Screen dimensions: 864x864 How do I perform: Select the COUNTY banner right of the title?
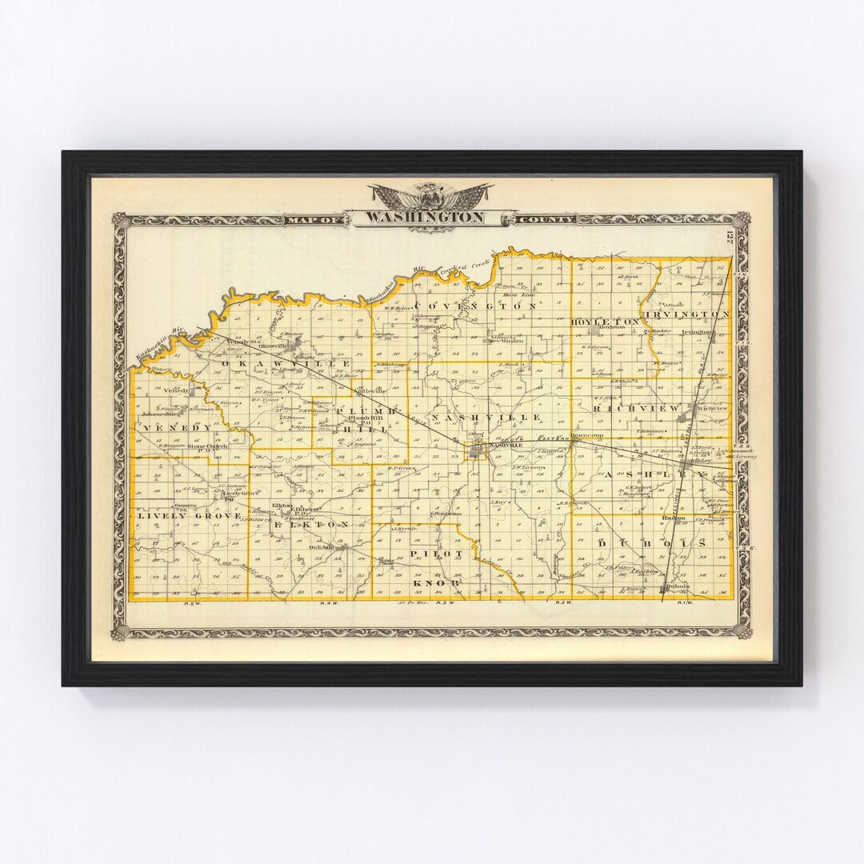point(546,218)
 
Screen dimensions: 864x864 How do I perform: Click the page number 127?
point(730,238)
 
